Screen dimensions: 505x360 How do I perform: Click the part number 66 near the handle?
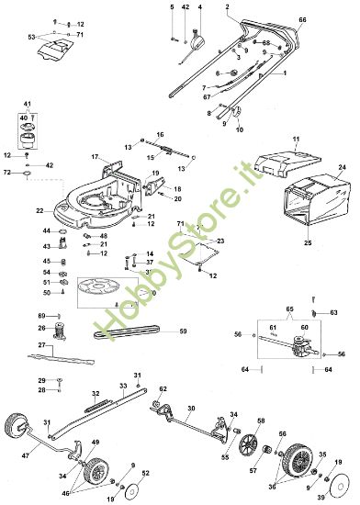click(x=303, y=19)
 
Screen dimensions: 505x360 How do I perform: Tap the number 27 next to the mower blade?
click(x=41, y=345)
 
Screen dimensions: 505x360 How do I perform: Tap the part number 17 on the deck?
click(x=94, y=158)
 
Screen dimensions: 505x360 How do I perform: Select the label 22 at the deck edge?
click(x=40, y=211)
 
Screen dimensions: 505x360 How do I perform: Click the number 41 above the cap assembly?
click(x=27, y=104)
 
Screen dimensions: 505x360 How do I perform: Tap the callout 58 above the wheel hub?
click(x=261, y=421)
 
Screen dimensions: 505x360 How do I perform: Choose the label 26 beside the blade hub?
click(x=41, y=327)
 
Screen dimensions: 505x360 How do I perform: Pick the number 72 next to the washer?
click(x=7, y=172)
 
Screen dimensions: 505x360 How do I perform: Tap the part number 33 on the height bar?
click(x=123, y=386)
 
